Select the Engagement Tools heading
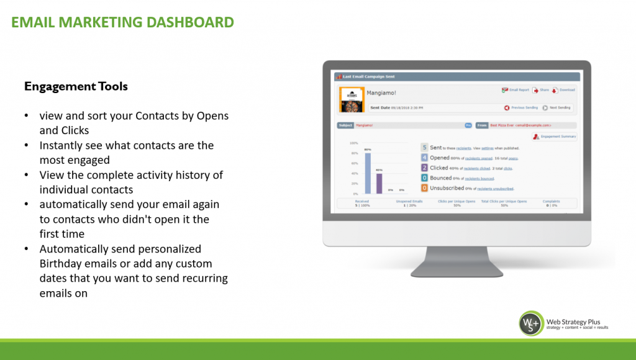pyautogui.click(x=76, y=86)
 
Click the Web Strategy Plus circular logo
pyautogui.click(x=532, y=323)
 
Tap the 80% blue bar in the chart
pyautogui.click(x=368, y=173)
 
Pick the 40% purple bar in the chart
pyautogui.click(x=379, y=183)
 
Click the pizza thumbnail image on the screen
pyautogui.click(x=352, y=99)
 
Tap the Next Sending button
pyautogui.click(x=556, y=107)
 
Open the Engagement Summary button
pyautogui.click(x=554, y=137)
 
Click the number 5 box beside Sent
pyautogui.click(x=424, y=148)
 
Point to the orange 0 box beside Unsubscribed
pyautogui.click(x=424, y=188)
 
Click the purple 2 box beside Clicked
pyautogui.click(x=424, y=168)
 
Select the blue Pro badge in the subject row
pyautogui.click(x=468, y=125)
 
